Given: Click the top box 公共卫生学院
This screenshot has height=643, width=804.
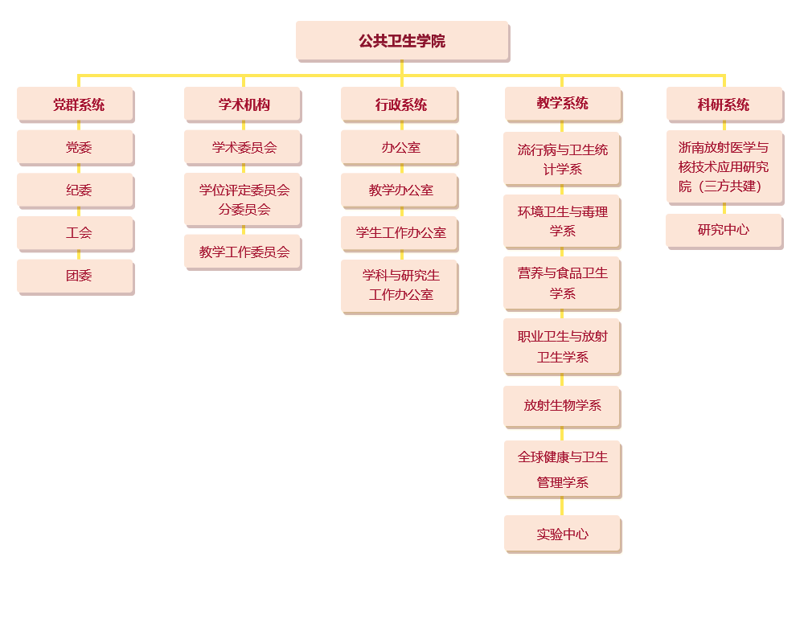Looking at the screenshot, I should point(402,40).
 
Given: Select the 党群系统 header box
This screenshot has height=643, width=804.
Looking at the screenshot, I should point(78,104).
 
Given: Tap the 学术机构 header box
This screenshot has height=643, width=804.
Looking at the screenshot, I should point(244,104).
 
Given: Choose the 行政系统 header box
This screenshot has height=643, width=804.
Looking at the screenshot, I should point(400,104).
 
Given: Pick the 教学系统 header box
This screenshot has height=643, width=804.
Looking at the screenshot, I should point(562,103).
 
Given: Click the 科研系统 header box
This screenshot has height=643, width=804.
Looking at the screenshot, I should point(723,104).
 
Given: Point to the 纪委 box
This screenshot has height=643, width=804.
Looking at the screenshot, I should point(78,190).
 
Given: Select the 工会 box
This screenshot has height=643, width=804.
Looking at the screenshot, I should point(78,233).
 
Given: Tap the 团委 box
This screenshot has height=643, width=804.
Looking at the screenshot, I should point(78,276).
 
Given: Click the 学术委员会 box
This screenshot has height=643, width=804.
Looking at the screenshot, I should point(244,147).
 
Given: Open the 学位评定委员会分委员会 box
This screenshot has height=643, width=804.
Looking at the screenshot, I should point(244,199).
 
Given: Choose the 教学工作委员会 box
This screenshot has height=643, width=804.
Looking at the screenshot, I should point(244,252).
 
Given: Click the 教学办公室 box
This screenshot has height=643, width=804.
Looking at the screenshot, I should point(400,190).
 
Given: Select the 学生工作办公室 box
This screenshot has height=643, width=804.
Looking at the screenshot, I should point(400,233).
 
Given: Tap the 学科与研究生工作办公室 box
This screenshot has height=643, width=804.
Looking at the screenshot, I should point(400,285).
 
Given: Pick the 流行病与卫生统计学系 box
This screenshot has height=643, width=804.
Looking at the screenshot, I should point(562,159).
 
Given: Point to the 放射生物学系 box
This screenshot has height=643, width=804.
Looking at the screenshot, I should point(562,405).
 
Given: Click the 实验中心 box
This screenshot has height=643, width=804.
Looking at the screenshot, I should point(562,534).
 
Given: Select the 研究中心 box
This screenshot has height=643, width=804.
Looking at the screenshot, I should point(723,230).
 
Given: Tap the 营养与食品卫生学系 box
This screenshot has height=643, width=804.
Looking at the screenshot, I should point(562,283).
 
